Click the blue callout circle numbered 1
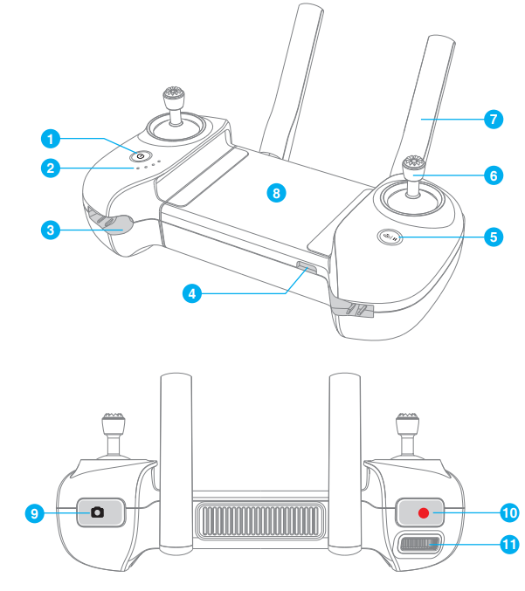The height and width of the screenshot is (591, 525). (51, 138)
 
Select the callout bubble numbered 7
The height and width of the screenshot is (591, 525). (494, 119)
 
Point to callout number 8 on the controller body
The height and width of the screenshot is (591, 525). (276, 193)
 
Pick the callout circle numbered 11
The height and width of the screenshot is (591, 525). (508, 544)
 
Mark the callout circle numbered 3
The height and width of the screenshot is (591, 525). (51, 230)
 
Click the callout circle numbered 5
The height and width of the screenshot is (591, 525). (494, 236)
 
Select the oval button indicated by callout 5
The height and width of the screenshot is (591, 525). (390, 235)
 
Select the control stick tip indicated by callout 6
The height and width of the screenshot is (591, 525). (413, 164)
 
